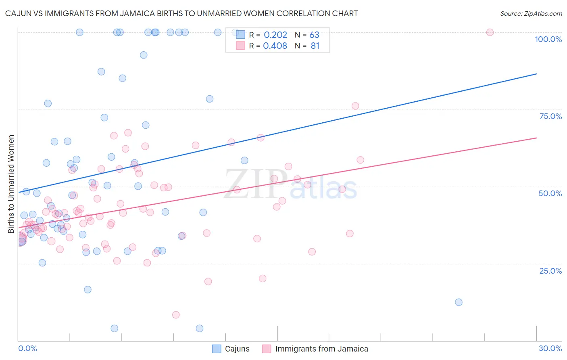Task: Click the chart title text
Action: click(x=181, y=13)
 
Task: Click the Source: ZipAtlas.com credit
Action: click(x=531, y=13)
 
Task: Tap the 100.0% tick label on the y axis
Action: click(x=548, y=39)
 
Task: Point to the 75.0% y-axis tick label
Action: click(x=550, y=116)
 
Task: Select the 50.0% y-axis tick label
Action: click(x=550, y=193)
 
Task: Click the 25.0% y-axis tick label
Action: click(x=550, y=270)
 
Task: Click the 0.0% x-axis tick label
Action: click(x=27, y=348)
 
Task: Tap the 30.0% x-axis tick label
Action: click(x=550, y=348)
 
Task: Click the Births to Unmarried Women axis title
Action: click(x=11, y=184)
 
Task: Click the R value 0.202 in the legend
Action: click(x=275, y=35)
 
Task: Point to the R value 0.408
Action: click(x=275, y=46)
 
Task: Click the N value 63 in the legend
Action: click(x=314, y=35)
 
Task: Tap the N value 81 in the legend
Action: click(x=315, y=46)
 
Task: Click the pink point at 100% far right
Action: click(x=490, y=32)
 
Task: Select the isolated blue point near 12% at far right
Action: click(x=459, y=302)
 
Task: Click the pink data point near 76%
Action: click(x=355, y=106)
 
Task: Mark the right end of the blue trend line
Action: click(x=536, y=74)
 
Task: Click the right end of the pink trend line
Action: click(x=536, y=138)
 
